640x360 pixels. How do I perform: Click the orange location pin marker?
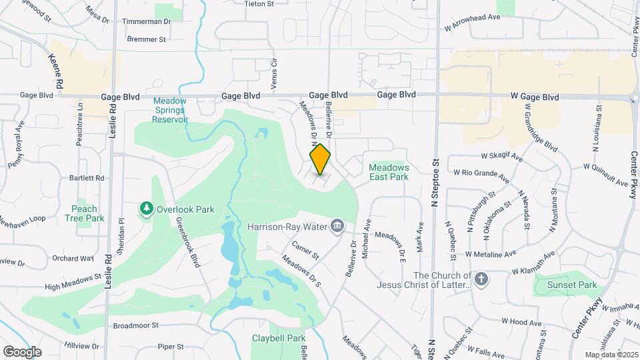(321, 159)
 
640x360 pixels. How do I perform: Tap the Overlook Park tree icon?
(146, 209)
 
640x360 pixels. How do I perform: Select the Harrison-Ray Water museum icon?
(338, 227)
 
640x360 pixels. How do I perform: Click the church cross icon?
(481, 277)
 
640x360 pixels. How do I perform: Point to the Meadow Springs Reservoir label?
(170, 110)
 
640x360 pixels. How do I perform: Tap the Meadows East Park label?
(389, 173)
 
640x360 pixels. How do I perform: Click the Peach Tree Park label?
(84, 213)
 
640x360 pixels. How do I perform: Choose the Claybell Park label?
(279, 338)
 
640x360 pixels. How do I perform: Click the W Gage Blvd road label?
(535, 97)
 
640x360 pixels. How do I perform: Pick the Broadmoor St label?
(135, 325)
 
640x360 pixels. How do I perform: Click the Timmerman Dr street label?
(147, 21)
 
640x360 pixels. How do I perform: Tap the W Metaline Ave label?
(491, 254)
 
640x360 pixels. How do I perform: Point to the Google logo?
(23, 351)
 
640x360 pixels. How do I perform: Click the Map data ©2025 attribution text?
(610, 355)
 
